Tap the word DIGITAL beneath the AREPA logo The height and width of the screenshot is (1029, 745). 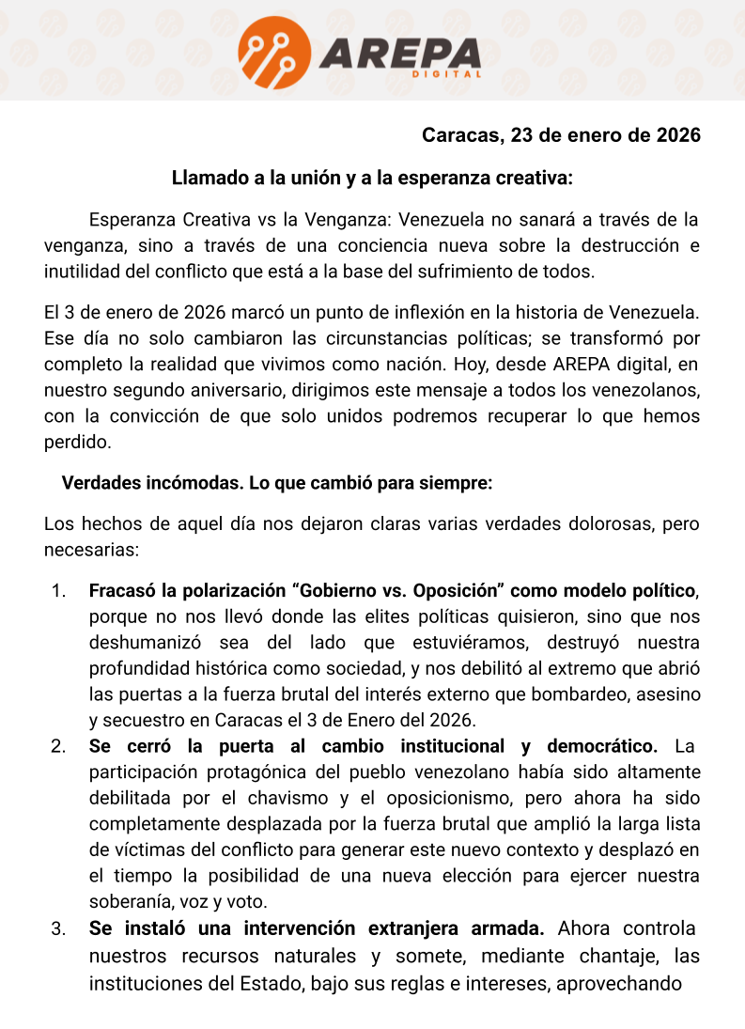click(x=447, y=74)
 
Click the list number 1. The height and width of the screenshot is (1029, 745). click(x=59, y=591)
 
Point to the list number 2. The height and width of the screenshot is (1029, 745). click(x=59, y=747)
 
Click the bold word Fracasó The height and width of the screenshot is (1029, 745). click(x=122, y=591)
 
